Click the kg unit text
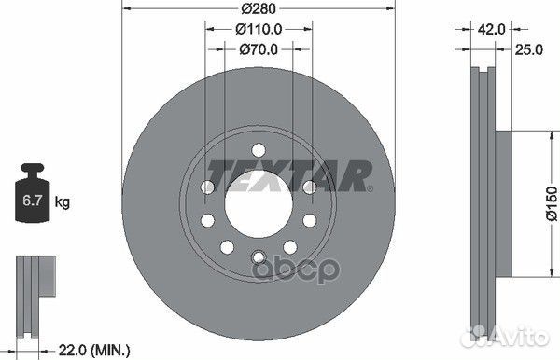click(63, 201)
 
